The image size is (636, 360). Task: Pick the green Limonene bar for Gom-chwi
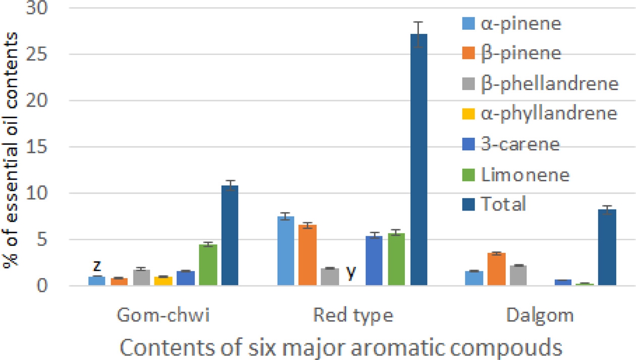click(x=207, y=265)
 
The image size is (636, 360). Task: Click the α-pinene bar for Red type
click(x=286, y=251)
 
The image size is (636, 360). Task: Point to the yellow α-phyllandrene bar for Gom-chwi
click(x=163, y=281)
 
